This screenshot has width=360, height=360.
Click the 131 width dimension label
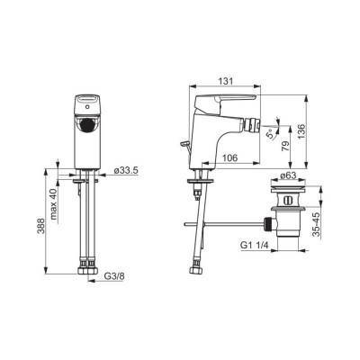tap(226, 81)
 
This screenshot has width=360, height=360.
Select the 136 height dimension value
tap(301, 131)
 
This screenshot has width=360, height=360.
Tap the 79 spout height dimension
tap(286, 146)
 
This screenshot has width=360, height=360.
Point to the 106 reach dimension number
tap(230, 157)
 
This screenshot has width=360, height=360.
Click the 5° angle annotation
tap(271, 133)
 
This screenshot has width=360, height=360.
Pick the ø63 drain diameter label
tap(289, 175)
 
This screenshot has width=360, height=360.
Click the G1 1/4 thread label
tap(254, 246)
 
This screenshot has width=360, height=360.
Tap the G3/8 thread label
tap(114, 276)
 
